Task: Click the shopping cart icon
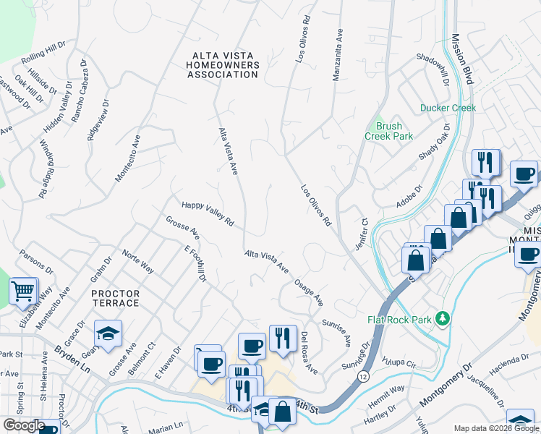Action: coord(23,291)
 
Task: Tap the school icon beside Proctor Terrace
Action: coord(108,333)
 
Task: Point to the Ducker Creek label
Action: coord(448,109)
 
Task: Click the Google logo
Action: coord(24,425)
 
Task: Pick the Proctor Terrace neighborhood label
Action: coord(116,298)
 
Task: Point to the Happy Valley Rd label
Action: coord(208,213)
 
